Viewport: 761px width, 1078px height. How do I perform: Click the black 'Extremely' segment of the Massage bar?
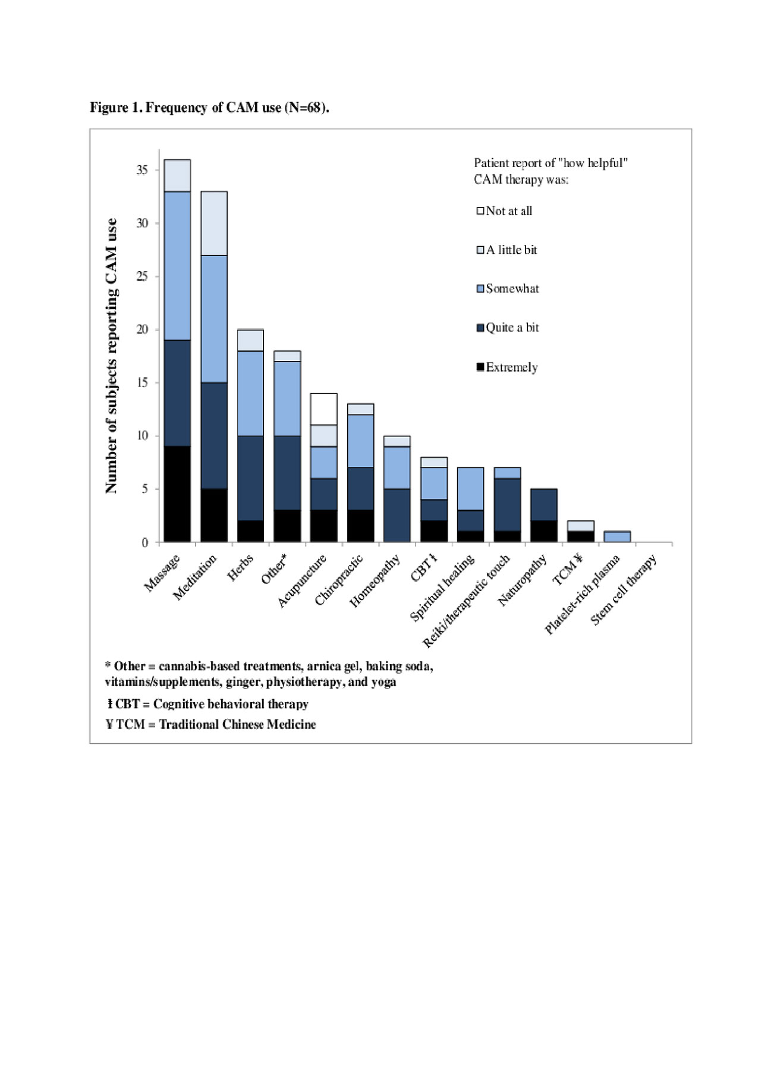177,494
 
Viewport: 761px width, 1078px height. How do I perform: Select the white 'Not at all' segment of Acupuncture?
323,409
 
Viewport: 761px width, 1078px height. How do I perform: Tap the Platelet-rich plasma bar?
617,536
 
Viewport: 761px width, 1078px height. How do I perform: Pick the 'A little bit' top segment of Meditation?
214,223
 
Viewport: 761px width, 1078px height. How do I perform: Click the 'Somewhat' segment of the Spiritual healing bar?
470,489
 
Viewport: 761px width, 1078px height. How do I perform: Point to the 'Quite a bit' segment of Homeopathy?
397,516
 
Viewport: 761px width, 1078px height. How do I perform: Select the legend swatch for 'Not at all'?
480,210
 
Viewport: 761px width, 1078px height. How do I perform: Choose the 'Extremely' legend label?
511,367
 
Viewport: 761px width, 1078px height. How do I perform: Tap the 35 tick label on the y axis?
142,170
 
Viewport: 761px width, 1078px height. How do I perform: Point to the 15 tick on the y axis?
142,383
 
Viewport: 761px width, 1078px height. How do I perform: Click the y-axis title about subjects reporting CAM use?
111,356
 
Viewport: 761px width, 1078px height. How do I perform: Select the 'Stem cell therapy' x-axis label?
624,589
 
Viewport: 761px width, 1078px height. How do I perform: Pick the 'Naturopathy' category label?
522,580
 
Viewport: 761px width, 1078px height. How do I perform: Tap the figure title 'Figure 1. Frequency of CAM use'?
209,108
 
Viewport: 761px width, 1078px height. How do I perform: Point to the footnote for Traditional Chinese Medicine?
211,724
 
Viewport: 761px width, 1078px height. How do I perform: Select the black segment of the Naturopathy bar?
543,531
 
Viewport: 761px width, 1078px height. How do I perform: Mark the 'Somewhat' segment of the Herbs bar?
250,394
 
